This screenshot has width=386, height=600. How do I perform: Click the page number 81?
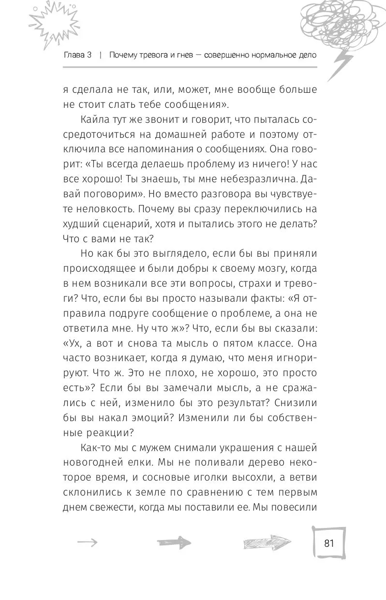(329, 542)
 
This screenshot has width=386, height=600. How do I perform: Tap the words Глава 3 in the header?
(77, 55)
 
